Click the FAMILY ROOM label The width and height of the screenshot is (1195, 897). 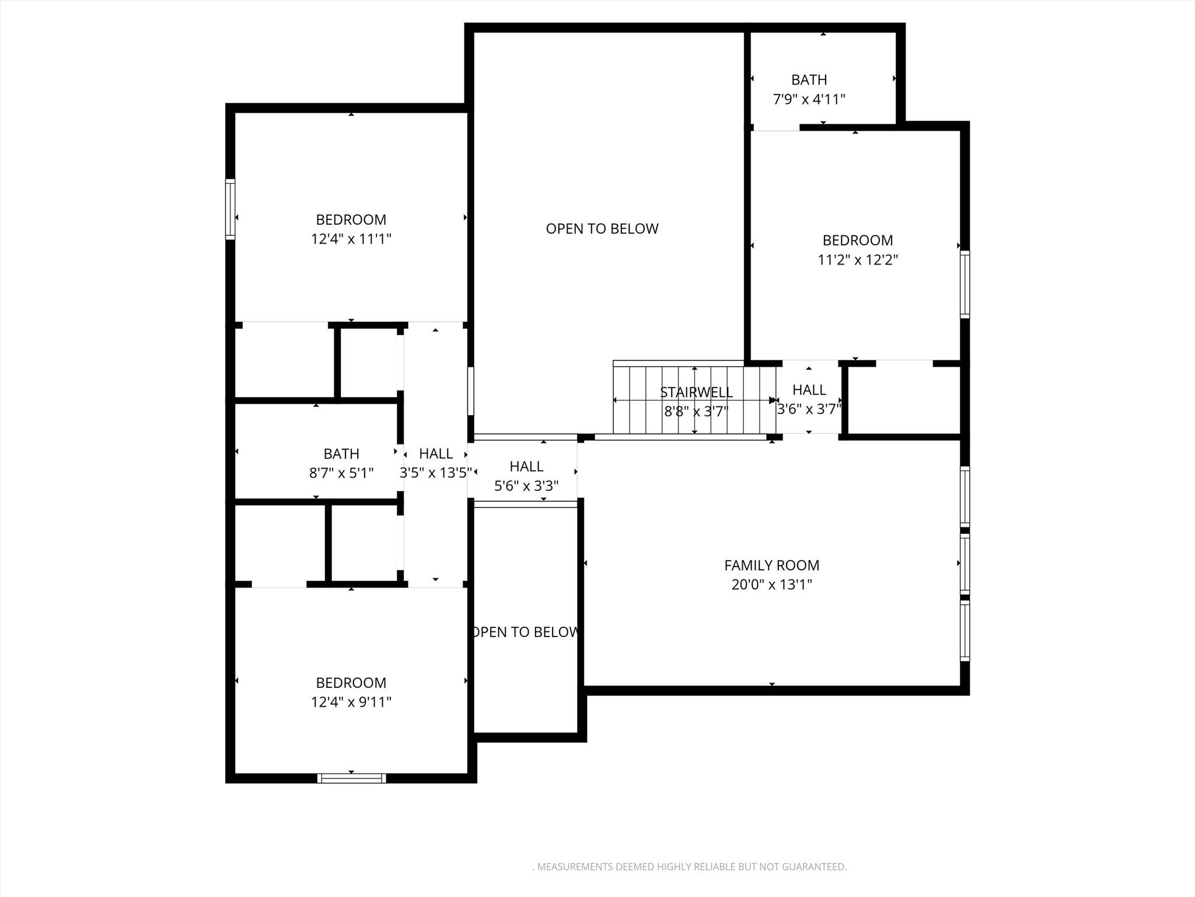pyautogui.click(x=771, y=565)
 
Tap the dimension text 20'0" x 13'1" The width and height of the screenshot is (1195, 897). pyautogui.click(x=771, y=585)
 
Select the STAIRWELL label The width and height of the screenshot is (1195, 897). pyautogui.click(x=696, y=392)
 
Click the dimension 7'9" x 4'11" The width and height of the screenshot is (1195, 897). pyautogui.click(x=809, y=99)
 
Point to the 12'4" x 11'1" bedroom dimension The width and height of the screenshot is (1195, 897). pyautogui.click(x=351, y=239)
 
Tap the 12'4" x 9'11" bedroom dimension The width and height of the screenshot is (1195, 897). pyautogui.click(x=351, y=702)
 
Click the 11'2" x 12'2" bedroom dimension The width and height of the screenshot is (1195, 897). pyautogui.click(x=857, y=260)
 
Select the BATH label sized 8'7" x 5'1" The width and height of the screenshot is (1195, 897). pyautogui.click(x=341, y=454)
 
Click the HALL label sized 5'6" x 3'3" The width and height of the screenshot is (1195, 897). pyautogui.click(x=526, y=467)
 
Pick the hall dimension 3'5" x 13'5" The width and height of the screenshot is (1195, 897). pyautogui.click(x=435, y=473)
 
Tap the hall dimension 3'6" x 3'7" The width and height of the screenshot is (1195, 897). pyautogui.click(x=809, y=409)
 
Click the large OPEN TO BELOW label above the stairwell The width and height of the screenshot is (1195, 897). pyautogui.click(x=602, y=229)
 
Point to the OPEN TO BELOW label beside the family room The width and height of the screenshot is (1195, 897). pyautogui.click(x=525, y=632)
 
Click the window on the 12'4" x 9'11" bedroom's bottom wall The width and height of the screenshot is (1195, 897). pyautogui.click(x=351, y=778)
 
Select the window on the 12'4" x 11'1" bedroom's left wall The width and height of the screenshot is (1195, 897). pyautogui.click(x=230, y=209)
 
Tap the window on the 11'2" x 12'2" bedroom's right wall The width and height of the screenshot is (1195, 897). pyautogui.click(x=965, y=284)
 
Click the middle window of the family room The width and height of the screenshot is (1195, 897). pyautogui.click(x=965, y=565)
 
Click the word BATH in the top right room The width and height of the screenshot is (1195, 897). pyautogui.click(x=809, y=80)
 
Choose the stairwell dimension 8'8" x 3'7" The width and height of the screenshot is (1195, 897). pyautogui.click(x=696, y=412)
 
